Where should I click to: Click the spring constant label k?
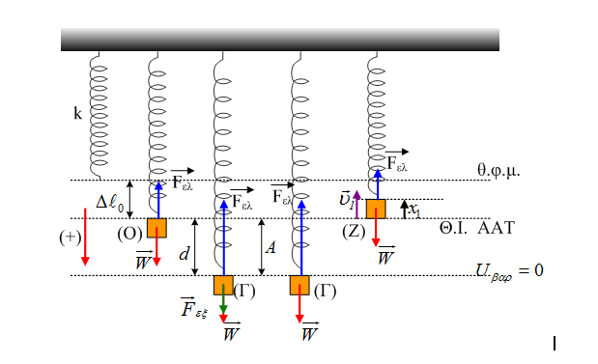77,113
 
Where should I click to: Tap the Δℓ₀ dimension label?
110,201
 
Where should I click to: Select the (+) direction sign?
71,238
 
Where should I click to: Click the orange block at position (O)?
157,228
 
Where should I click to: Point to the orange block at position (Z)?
376,209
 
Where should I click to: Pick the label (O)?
129,234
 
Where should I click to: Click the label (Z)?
354,232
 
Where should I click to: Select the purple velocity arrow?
356,205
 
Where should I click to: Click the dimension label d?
185,253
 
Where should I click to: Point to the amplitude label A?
271,248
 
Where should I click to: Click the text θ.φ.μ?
498,170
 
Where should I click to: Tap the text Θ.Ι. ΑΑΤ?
476,228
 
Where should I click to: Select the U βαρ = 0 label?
509,271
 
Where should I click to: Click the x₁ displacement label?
414,210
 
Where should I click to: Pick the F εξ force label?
194,307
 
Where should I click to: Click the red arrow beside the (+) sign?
85,237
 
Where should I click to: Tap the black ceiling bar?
280,40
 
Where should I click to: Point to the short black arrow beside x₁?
405,210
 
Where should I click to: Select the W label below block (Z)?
385,256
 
